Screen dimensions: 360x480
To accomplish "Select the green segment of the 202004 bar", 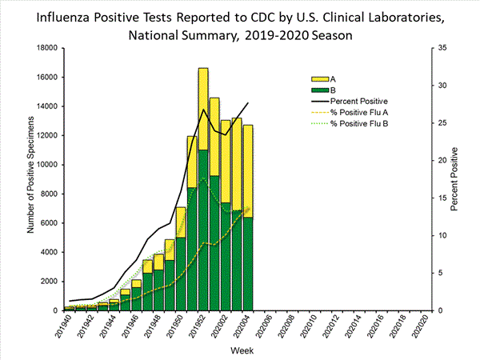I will [248, 263].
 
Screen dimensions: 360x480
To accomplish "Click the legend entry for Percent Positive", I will [361, 101].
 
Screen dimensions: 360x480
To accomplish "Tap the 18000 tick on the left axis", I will [44, 48].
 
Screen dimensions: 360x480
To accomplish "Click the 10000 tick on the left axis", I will [44, 165].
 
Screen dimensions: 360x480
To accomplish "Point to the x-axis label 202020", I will [426, 327].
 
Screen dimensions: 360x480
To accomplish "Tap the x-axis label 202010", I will [314, 327].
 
